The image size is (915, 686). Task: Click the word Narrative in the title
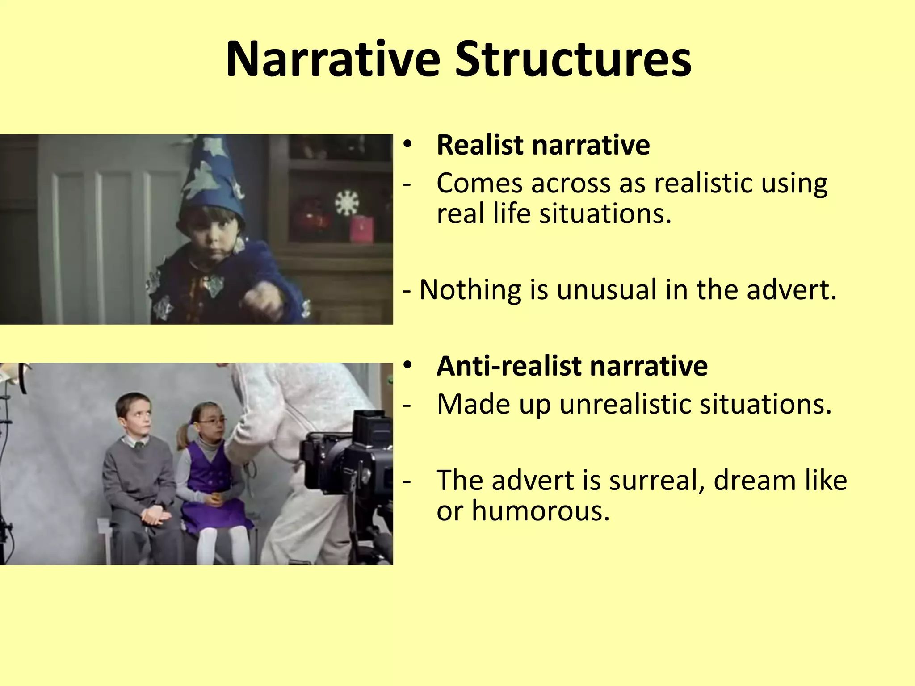333,59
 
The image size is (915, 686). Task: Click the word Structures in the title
573,59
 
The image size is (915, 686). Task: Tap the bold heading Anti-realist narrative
572,366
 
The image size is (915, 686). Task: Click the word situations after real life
605,213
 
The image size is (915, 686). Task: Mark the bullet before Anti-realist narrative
407,366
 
